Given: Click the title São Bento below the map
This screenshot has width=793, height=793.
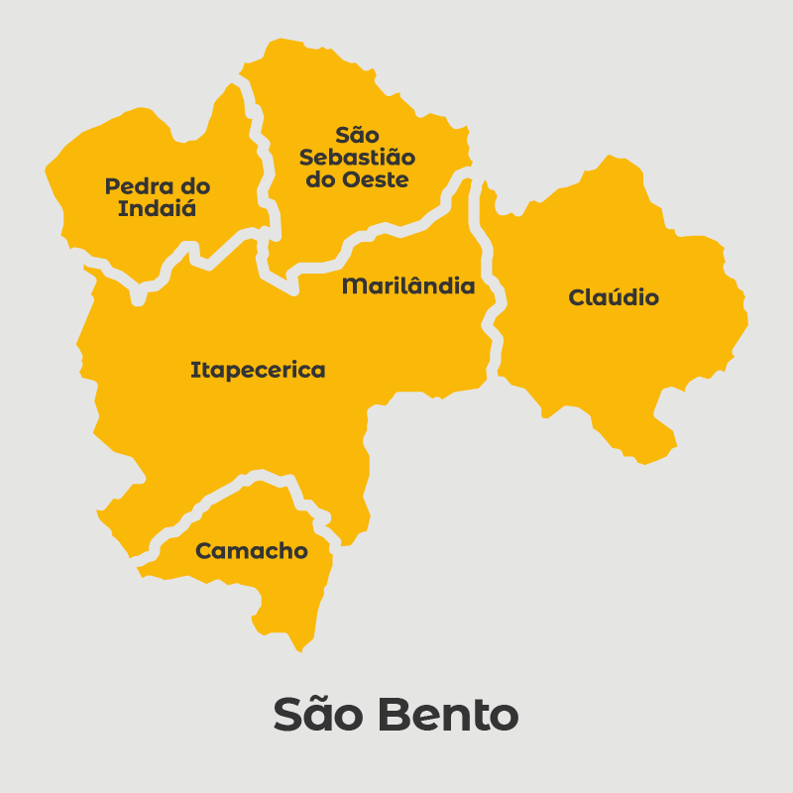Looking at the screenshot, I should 396,715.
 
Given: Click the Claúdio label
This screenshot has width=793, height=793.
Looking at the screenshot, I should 614,297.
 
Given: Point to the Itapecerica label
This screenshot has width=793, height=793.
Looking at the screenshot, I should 258,371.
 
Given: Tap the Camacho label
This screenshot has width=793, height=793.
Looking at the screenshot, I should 252,551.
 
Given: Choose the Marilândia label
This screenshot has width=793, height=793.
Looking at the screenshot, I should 408,286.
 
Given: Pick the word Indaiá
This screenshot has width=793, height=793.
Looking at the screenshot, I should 157,209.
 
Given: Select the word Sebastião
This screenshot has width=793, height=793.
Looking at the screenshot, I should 358,158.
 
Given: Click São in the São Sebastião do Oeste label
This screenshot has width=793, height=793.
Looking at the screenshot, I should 357,135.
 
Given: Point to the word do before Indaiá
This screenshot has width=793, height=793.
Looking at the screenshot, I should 191,186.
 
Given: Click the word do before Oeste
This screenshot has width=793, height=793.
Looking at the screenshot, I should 322,180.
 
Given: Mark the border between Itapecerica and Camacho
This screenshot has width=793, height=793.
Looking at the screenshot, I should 218,496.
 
